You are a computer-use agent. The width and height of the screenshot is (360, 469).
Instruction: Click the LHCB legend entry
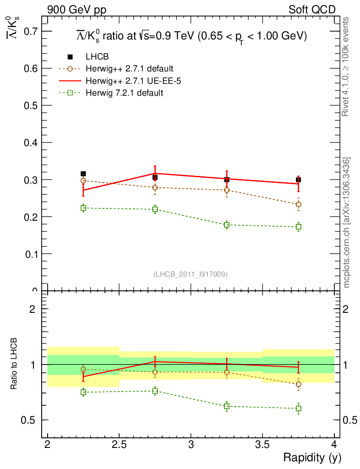(x=97, y=57)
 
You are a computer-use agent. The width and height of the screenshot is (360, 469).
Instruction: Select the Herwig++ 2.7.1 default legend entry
(x=129, y=69)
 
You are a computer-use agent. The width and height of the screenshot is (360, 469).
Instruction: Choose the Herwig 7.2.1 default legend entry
(x=124, y=93)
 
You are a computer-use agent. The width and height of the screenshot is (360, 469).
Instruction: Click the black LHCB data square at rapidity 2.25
(x=83, y=174)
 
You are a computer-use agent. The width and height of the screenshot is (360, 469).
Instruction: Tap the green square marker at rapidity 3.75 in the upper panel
(x=299, y=227)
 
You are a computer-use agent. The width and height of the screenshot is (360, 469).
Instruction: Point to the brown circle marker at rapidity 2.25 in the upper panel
(x=83, y=181)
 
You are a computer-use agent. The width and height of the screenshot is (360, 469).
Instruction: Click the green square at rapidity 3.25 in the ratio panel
(x=227, y=406)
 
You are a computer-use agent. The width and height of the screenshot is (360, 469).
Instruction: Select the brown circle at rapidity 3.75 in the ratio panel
(x=299, y=384)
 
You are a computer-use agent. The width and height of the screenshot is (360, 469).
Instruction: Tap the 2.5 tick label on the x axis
(x=119, y=445)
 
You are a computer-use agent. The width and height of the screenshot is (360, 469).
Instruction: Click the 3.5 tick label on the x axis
(x=262, y=445)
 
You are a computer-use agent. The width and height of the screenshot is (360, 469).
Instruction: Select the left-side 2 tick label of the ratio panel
(x=33, y=309)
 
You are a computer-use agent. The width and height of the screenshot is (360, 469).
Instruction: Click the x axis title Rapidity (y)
(x=312, y=458)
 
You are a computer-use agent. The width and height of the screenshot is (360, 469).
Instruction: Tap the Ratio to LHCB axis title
(x=14, y=364)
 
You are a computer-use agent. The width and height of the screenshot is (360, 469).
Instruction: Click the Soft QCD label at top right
(x=312, y=10)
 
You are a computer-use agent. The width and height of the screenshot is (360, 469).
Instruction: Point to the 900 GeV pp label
(x=76, y=10)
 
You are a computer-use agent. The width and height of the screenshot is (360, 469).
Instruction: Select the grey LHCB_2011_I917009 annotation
(x=191, y=274)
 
